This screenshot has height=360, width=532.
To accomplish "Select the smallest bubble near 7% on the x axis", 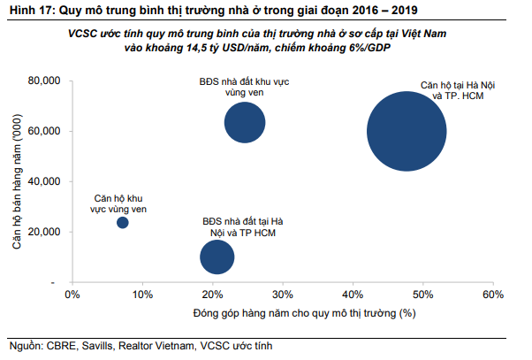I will [x=123, y=222].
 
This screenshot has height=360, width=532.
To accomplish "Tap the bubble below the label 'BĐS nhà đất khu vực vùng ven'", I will [x=245, y=122].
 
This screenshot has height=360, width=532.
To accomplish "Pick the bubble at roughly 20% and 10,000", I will [x=217, y=257].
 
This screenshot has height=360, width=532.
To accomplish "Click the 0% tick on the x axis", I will [x=73, y=295].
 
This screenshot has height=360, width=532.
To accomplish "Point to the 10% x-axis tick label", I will [x=142, y=295].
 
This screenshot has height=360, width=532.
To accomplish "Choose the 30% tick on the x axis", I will [x=283, y=295].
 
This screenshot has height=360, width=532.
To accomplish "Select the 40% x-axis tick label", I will [x=353, y=295].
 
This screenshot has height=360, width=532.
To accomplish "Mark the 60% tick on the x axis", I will [x=492, y=295].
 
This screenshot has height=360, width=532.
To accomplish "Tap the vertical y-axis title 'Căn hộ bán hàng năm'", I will [x=16, y=181].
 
